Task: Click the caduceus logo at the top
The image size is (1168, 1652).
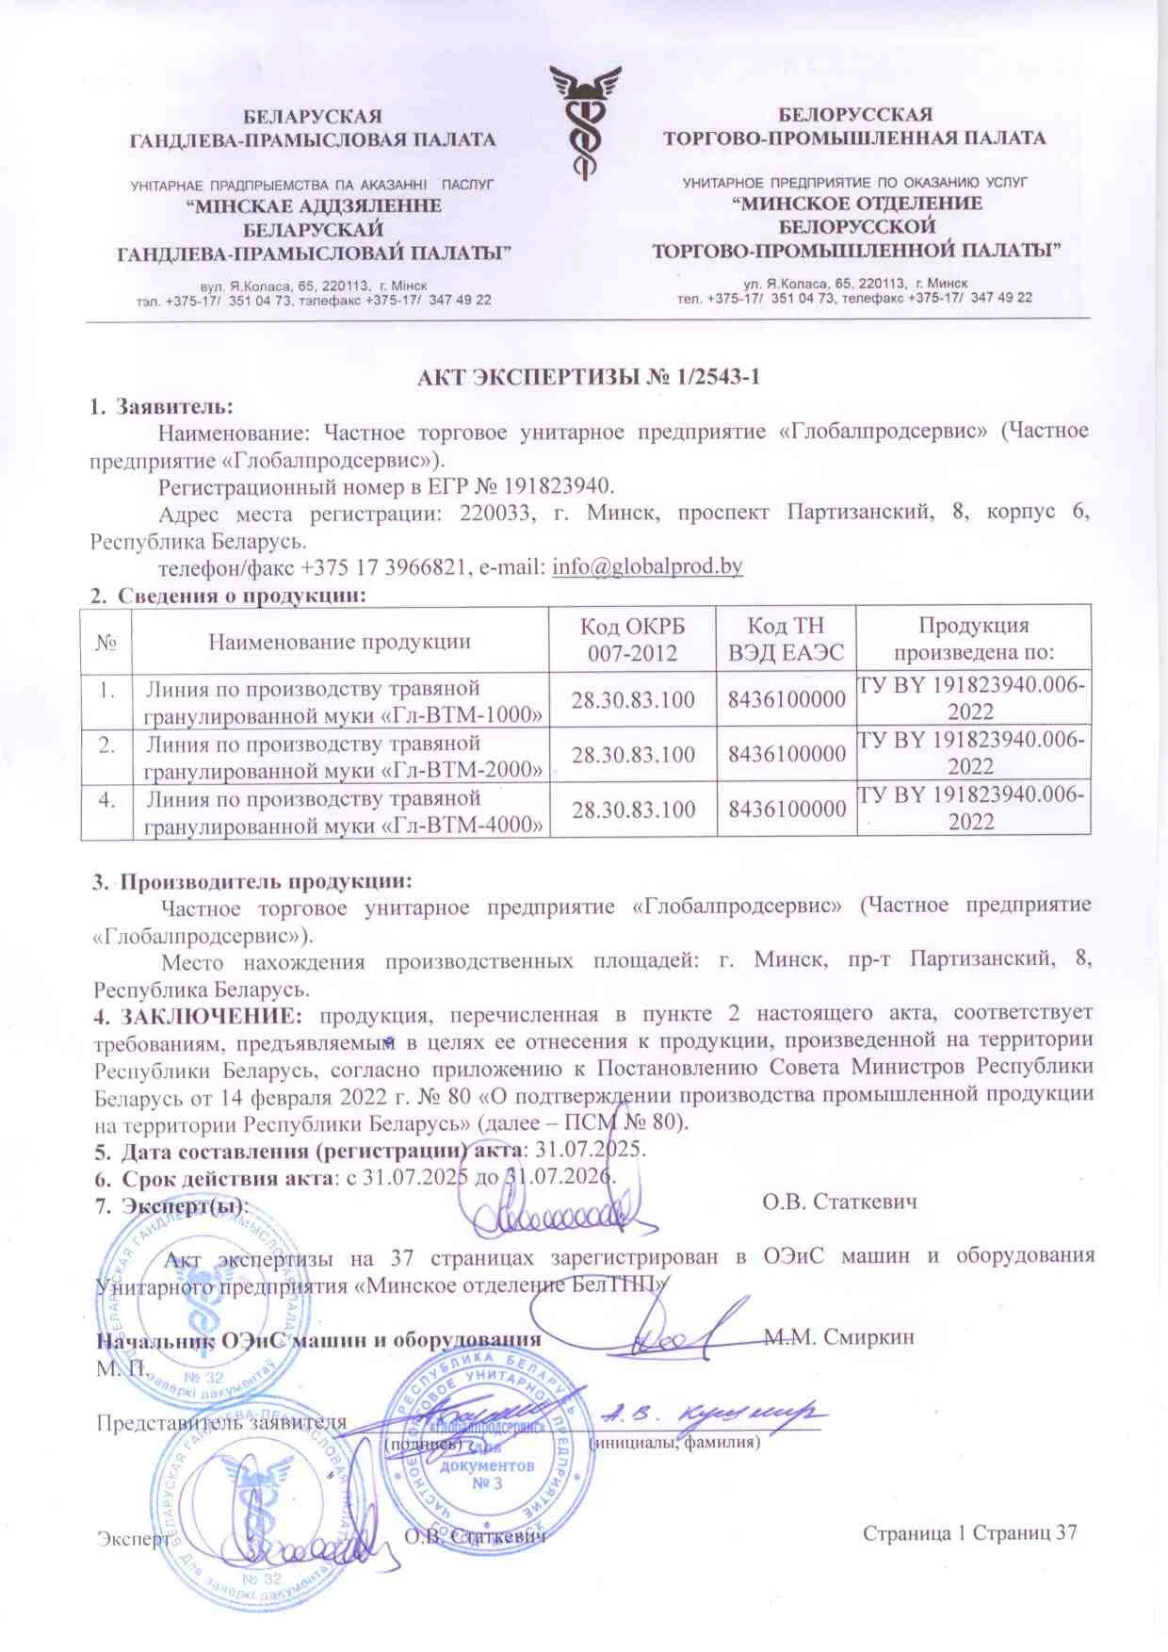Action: pos(585,120)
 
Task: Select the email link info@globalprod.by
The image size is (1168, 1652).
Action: pos(647,566)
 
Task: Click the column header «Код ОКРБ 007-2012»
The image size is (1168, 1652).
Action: pos(632,639)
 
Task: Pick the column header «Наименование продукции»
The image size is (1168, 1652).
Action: pos(339,642)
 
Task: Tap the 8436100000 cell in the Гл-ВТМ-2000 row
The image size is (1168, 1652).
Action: pos(787,755)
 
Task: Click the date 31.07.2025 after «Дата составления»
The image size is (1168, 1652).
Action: pos(590,1151)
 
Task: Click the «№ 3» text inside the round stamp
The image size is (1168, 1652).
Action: pos(486,1483)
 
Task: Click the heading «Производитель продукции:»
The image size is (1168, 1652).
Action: pos(266,882)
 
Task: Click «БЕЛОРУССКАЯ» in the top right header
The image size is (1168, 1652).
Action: pos(853,115)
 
